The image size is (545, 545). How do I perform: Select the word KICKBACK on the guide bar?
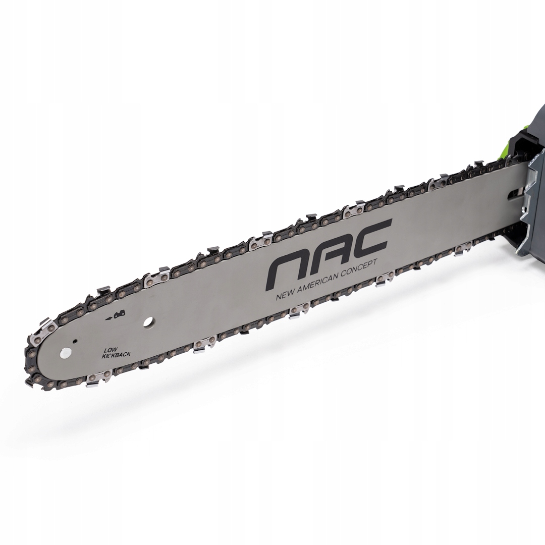115,355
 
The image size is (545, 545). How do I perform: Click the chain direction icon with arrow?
116,315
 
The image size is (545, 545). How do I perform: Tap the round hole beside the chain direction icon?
149,322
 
